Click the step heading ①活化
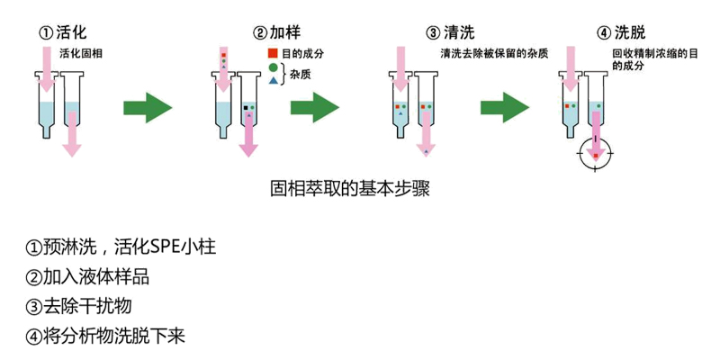tap(63, 33)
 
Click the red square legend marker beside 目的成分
tap(273, 54)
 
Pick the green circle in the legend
tap(273, 68)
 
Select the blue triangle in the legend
tap(273, 82)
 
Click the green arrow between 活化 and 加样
tap(147, 107)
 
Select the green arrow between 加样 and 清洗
tap(314, 107)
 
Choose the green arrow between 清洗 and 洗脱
tap(504, 107)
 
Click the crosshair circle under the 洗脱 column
tap(595, 154)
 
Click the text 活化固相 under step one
tap(81, 54)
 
